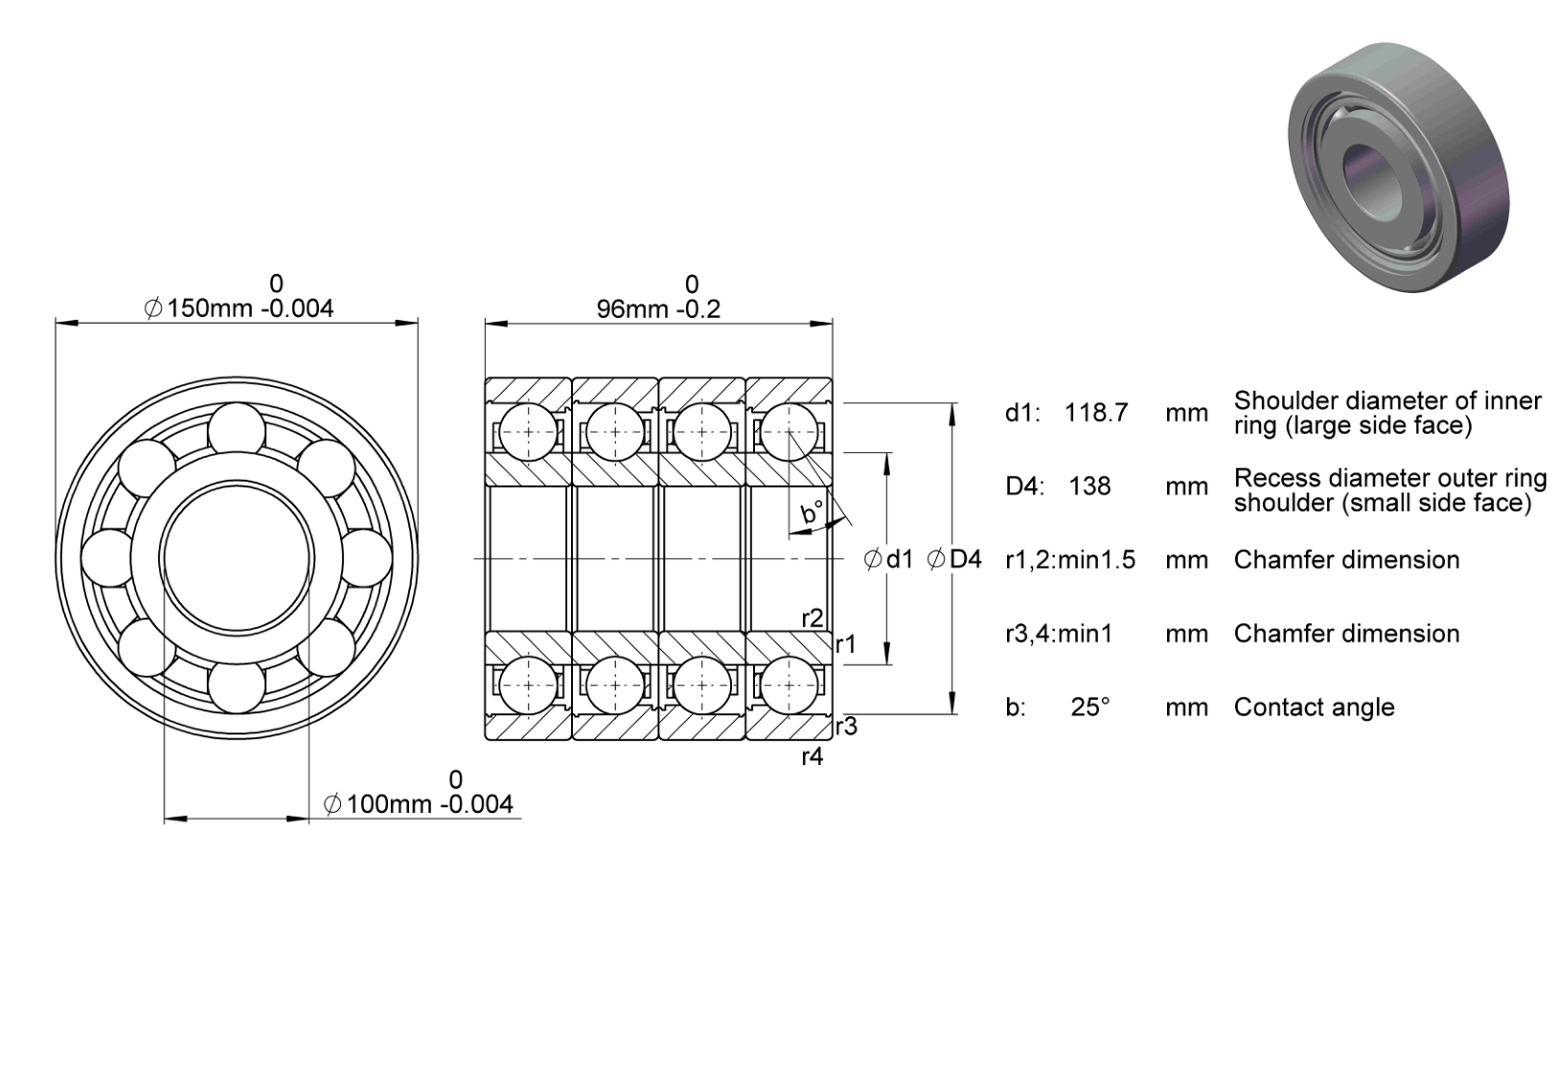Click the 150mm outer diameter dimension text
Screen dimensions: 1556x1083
point(239,307)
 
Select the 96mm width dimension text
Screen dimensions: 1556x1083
point(658,309)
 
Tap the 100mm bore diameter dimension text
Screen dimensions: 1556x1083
point(418,804)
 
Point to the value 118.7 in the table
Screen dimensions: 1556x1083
point(1096,413)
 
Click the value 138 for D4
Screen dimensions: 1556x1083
point(1089,486)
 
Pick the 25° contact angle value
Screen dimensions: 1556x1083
point(1090,707)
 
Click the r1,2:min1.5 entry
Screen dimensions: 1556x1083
point(1069,559)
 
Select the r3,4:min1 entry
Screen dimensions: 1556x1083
point(1059,633)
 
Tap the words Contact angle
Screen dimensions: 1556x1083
point(1314,707)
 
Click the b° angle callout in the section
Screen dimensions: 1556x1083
point(812,512)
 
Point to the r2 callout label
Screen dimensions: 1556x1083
point(812,618)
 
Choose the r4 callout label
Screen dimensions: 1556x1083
point(812,756)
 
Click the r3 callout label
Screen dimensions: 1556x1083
point(846,726)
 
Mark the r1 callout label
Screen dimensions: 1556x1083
point(845,644)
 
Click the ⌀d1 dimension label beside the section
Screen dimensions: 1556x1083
point(888,559)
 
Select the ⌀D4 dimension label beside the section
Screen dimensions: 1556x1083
point(954,559)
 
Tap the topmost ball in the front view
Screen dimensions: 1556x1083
point(237,431)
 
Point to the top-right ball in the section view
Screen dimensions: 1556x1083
point(789,431)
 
